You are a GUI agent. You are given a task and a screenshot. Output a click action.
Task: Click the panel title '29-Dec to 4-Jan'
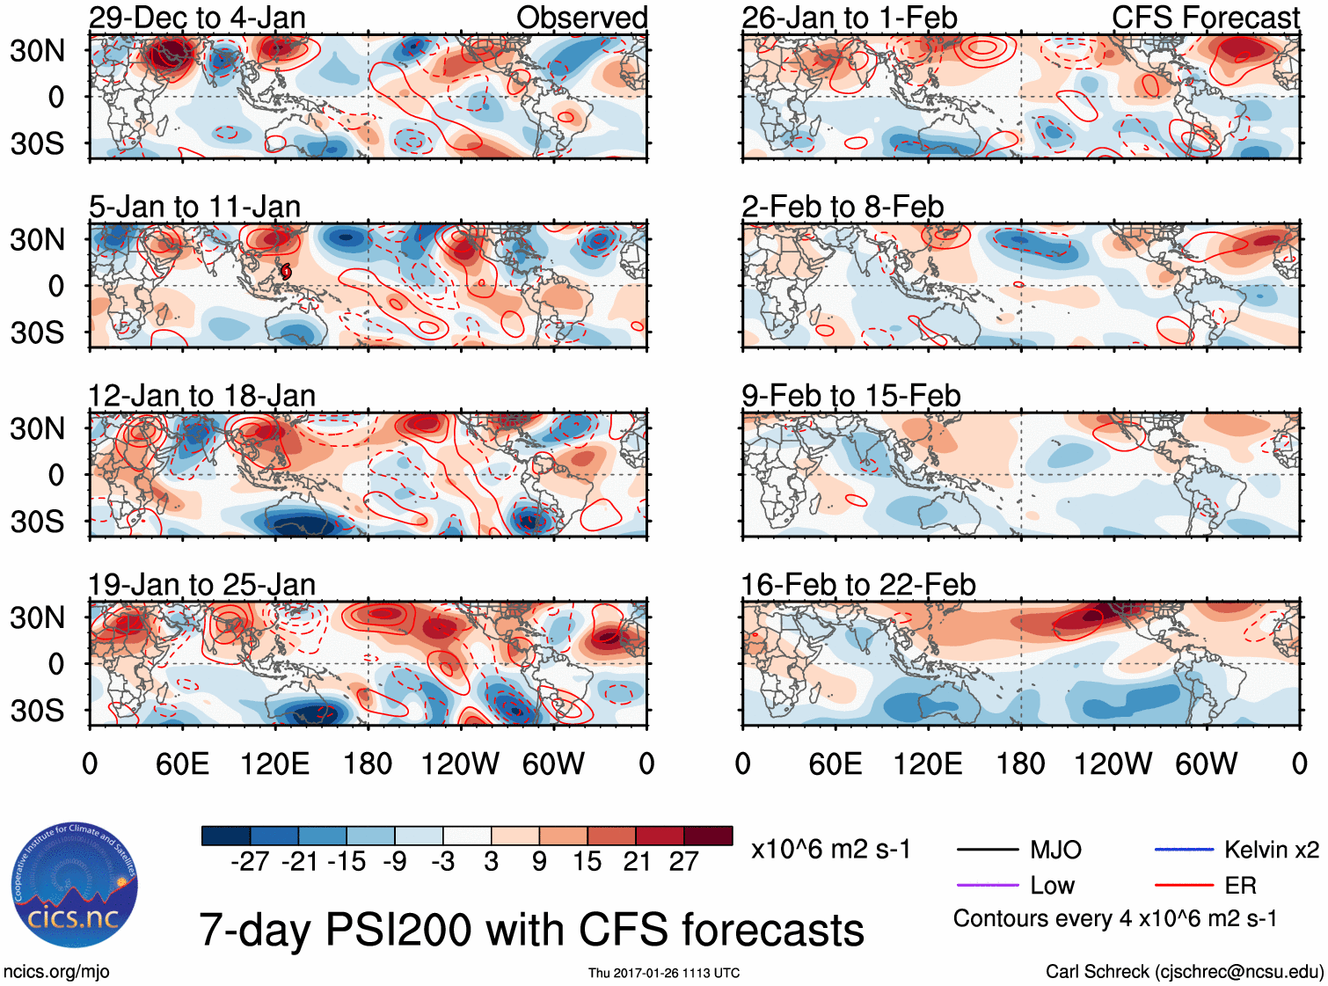197,18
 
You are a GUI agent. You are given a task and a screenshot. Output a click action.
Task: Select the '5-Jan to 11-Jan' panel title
194,207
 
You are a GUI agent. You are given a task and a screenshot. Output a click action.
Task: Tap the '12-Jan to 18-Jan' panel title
201,396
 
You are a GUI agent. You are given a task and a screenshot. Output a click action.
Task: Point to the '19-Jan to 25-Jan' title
201,585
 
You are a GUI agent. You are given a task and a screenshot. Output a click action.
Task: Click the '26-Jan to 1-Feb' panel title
849,18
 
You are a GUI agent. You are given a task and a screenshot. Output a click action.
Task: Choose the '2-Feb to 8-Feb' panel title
843,207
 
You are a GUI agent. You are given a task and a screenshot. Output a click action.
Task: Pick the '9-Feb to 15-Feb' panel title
850,396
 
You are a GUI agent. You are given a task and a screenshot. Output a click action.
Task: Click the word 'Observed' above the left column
581,18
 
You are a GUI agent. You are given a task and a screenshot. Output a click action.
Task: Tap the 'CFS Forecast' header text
1205,18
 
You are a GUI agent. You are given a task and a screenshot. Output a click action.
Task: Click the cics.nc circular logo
74,885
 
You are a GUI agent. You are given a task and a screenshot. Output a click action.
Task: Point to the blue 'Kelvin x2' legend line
1184,850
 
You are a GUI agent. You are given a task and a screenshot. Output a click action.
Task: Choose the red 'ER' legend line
1184,885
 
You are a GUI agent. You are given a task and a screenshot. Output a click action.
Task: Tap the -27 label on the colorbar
250,862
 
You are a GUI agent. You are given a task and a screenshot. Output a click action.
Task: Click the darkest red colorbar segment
708,836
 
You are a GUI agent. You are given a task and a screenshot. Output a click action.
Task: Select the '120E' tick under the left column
274,763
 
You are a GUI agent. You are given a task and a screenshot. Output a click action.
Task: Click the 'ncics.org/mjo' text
56,972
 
